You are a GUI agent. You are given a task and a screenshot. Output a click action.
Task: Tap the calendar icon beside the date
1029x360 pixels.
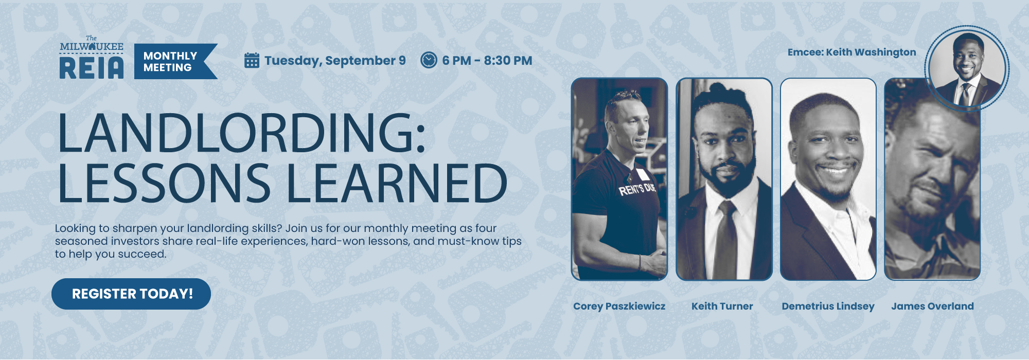click(252, 60)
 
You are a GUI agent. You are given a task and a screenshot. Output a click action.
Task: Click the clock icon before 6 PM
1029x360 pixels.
click(429, 60)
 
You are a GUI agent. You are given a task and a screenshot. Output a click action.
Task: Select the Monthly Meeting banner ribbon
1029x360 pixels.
click(175, 61)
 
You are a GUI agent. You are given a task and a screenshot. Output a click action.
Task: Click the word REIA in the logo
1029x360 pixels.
click(92, 68)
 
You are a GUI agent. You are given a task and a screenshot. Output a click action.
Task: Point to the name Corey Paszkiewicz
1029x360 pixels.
click(619, 306)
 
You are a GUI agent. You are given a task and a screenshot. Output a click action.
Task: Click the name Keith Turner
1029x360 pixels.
click(722, 306)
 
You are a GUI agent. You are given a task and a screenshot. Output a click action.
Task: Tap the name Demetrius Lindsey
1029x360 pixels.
click(828, 306)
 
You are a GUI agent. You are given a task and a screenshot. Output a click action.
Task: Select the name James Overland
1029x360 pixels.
click(932, 306)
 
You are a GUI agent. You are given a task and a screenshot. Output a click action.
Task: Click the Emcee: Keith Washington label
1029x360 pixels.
click(851, 52)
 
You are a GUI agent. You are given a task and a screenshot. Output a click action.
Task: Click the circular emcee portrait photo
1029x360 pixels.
click(966, 68)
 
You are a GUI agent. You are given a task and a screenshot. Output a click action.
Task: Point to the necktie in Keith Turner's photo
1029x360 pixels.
click(725, 239)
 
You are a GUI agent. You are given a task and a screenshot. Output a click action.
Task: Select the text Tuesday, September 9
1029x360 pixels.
click(335, 61)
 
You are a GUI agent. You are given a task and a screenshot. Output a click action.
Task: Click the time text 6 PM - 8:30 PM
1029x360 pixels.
click(487, 61)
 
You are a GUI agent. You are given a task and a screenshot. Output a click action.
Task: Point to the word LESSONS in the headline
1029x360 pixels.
click(164, 183)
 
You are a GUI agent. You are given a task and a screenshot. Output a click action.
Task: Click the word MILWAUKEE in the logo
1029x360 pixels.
click(92, 47)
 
